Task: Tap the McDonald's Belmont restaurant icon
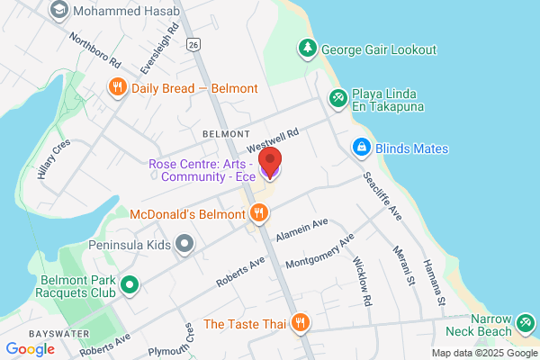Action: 259,213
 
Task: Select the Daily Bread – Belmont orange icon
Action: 117,87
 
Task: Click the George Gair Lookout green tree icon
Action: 308,49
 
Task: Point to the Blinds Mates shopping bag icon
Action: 360,146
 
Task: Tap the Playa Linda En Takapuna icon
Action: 337,97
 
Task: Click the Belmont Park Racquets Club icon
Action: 130,285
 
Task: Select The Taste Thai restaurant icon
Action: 301,323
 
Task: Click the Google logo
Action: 30,349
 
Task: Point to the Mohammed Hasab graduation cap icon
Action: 59,10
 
